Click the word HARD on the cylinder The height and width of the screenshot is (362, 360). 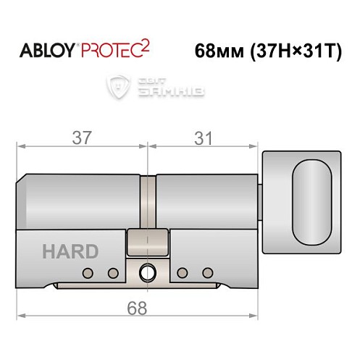tap(70, 252)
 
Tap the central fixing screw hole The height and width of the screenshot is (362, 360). tap(148, 273)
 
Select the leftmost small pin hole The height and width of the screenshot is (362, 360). tap(88, 273)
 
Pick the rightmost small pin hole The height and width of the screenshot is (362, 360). tap(208, 273)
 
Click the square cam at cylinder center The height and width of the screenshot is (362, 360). tap(148, 241)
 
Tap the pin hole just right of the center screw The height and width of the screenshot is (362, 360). tap(183, 273)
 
